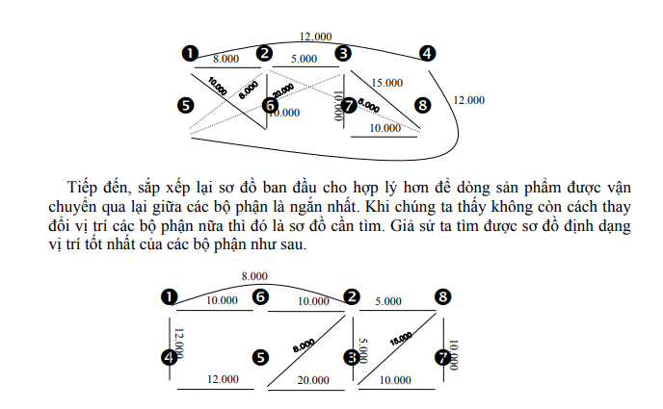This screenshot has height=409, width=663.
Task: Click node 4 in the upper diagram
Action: [x=427, y=55]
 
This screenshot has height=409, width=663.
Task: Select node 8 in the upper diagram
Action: [x=421, y=104]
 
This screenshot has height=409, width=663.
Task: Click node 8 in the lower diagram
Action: [x=441, y=297]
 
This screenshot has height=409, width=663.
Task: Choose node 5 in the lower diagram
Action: [x=260, y=357]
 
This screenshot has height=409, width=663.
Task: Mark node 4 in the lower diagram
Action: [x=171, y=357]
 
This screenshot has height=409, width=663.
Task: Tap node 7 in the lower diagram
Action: [x=442, y=357]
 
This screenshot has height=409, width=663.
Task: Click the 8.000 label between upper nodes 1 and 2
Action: [x=226, y=59]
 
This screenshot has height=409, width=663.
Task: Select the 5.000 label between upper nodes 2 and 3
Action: [x=305, y=59]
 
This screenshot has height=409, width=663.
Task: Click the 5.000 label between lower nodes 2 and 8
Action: [x=388, y=300]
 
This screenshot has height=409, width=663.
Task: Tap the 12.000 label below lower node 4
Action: [x=224, y=380]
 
